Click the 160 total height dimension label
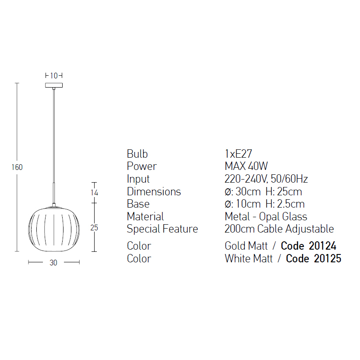click(17, 167)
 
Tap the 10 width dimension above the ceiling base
click(54, 75)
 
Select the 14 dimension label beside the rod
click(94, 192)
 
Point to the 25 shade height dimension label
click(94, 228)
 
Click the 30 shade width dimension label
click(53, 263)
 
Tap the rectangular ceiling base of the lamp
click(54, 85)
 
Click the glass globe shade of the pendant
click(54, 229)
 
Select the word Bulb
click(137, 154)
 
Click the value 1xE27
click(238, 154)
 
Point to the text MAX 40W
click(246, 166)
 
